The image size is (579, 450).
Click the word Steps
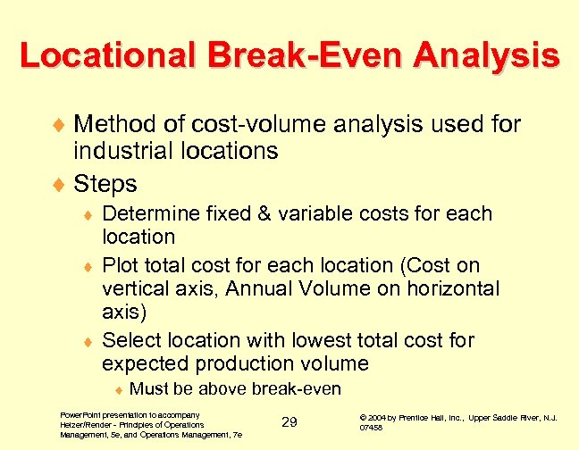pyautogui.click(x=105, y=183)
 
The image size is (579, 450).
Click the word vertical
pyautogui.click(x=136, y=288)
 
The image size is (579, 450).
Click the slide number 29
pyautogui.click(x=289, y=421)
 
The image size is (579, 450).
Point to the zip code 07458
pyautogui.click(x=370, y=428)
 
